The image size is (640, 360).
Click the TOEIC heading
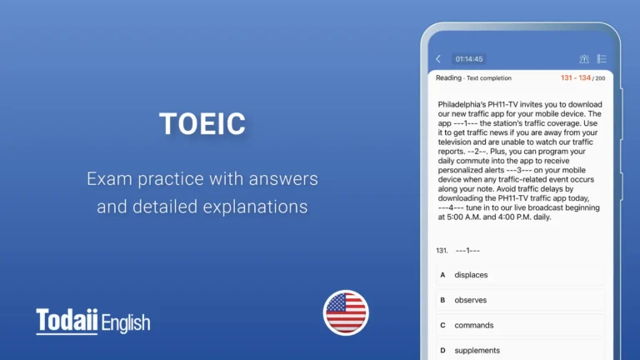pos(202,123)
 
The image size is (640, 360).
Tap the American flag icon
pos(346,312)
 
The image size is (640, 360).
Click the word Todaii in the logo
pos(67,322)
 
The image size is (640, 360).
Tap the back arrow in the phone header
pos(438,59)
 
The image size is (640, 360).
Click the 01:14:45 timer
pos(469,59)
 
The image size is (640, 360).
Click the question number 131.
pos(442,250)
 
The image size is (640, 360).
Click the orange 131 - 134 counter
pos(576,77)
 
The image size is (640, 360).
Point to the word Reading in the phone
pos(448,77)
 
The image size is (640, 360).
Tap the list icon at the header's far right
pos(602,59)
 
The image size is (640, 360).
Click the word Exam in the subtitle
pos(107,178)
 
